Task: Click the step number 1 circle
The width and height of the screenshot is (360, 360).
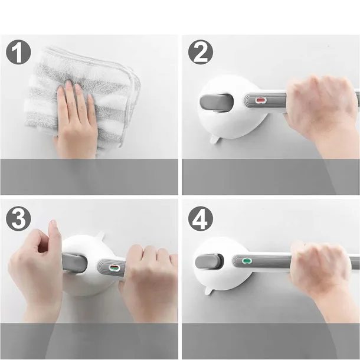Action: (18, 52)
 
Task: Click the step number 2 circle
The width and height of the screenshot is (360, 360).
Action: (201, 52)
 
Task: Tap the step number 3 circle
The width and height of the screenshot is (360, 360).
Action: (18, 218)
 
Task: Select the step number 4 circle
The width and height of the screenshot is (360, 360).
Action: (201, 218)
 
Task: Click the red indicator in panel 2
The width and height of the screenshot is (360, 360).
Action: (260, 100)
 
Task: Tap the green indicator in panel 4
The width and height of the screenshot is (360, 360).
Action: (247, 261)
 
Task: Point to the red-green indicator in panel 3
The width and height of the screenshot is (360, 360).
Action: (114, 268)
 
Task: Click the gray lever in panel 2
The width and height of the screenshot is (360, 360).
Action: (217, 102)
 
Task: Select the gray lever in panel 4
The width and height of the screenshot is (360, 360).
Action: (209, 261)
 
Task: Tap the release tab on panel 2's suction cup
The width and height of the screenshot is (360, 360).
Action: (214, 139)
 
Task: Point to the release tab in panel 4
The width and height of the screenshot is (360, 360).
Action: (209, 291)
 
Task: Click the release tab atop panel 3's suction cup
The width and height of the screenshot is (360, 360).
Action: (100, 235)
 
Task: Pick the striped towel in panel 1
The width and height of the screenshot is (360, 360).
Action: (83, 96)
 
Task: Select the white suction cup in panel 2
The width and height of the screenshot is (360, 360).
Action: (232, 108)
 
